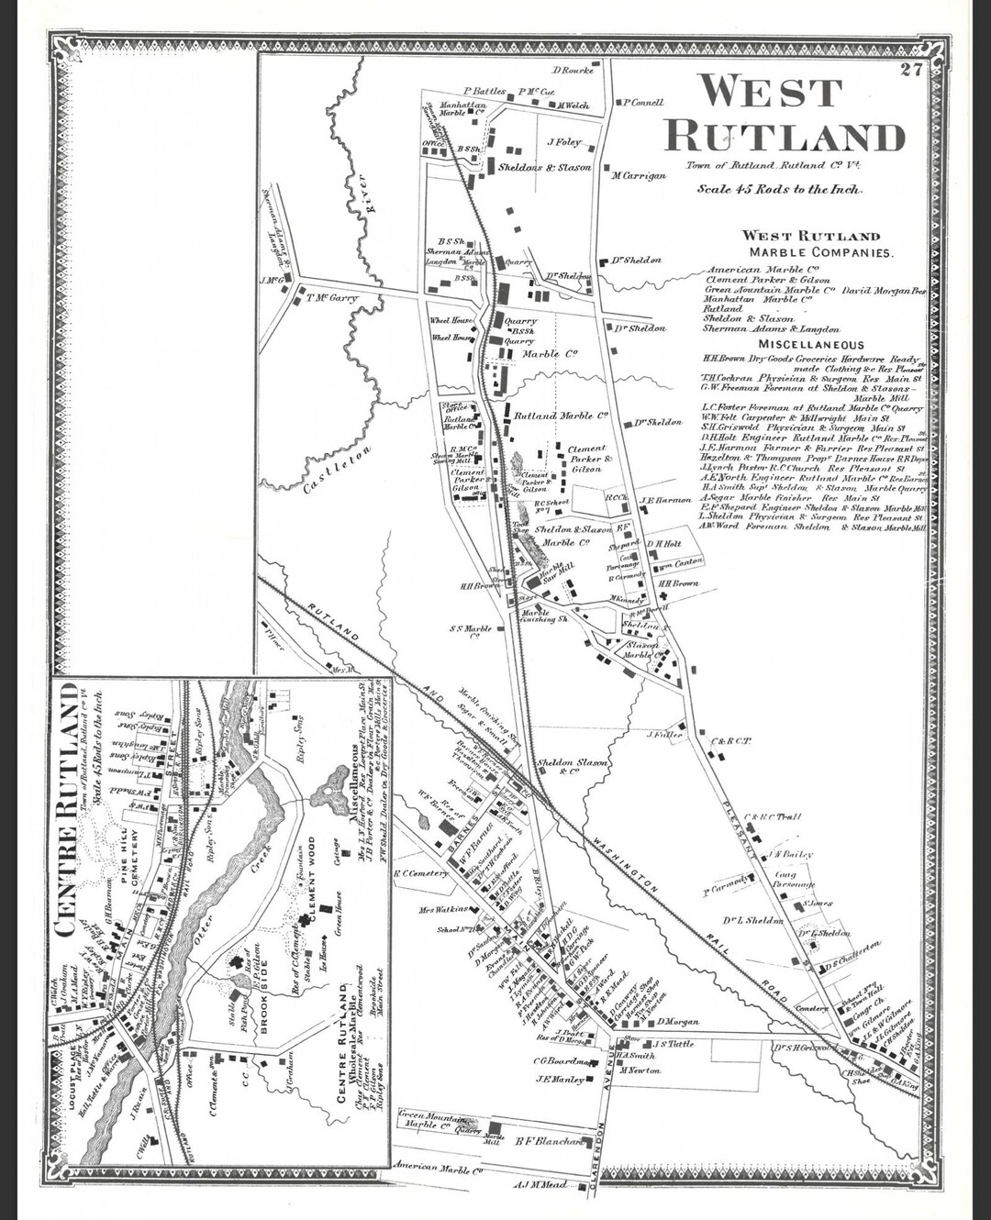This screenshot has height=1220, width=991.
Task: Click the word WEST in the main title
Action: (x=770, y=92)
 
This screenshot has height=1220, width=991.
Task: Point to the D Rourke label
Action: (x=573, y=70)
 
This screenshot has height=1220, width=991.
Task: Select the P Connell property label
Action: (x=643, y=103)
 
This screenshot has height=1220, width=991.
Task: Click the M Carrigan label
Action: (x=639, y=175)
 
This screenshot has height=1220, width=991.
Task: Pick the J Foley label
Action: (x=564, y=142)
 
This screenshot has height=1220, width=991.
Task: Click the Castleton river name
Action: (x=338, y=470)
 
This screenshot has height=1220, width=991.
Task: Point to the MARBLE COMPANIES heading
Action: (x=819, y=252)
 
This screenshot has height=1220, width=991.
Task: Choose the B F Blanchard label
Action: (x=549, y=1141)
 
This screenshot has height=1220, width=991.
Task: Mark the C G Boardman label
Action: (x=563, y=1061)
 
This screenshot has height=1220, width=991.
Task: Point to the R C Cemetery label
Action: (x=419, y=873)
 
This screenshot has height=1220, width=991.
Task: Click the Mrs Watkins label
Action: (x=444, y=910)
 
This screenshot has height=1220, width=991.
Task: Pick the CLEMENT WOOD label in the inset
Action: (x=311, y=881)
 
